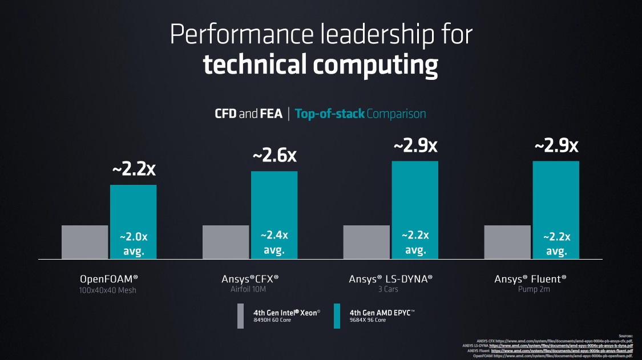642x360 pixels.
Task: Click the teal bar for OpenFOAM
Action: pyautogui.click(x=133, y=205)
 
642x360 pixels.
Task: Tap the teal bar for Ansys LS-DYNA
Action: pyautogui.click(x=415, y=194)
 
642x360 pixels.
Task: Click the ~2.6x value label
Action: pyautogui.click(x=274, y=156)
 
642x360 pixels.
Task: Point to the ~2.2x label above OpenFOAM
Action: pyautogui.click(x=133, y=169)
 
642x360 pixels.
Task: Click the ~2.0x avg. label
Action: pyautogui.click(x=133, y=244)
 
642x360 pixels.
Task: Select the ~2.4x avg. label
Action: pyautogui.click(x=274, y=242)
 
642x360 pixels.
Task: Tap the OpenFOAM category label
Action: pyautogui.click(x=108, y=279)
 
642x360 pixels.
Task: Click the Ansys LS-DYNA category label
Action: pyautogui.click(x=391, y=279)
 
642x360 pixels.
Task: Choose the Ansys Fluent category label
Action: pyautogui.click(x=530, y=279)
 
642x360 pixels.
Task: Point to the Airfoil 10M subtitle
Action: pyautogui.click(x=250, y=290)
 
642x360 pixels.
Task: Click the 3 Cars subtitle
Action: pyautogui.click(x=391, y=290)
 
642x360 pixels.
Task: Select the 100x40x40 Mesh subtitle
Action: pyautogui.click(x=108, y=290)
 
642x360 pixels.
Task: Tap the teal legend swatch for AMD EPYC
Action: pyautogui.click(x=337, y=315)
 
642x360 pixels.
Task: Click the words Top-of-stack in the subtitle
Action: pyautogui.click(x=329, y=114)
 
